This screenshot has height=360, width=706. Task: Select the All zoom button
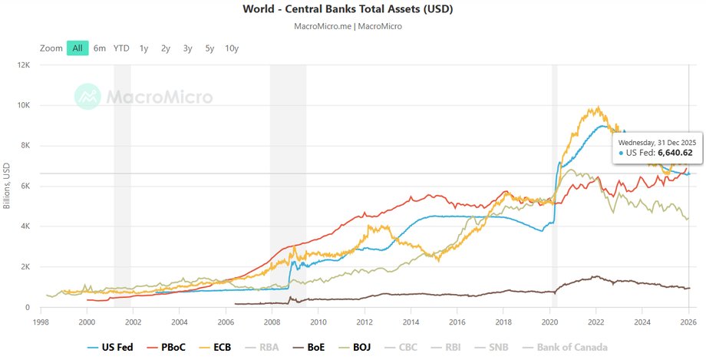tap(78, 48)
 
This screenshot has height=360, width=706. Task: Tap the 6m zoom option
tap(100, 48)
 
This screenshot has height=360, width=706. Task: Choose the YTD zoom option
tap(121, 48)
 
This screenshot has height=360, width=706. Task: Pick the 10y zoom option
tap(232, 48)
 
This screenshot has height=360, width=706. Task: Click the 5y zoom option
tap(209, 48)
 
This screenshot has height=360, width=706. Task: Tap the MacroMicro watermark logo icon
tap(88, 97)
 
